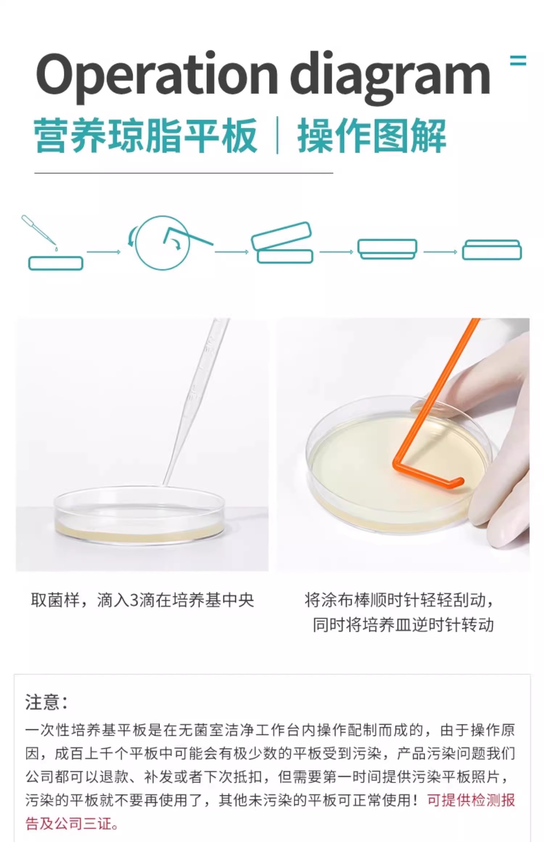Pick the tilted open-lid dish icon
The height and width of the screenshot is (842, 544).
282,242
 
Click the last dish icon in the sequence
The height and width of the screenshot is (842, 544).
492,250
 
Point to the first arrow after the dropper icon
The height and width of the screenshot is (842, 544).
104,252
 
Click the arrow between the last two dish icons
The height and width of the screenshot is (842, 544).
440,252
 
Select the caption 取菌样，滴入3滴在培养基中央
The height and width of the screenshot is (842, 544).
142,600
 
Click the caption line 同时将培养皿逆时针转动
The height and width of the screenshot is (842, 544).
403,625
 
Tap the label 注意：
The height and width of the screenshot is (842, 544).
46,702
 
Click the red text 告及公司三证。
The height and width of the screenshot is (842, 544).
72,824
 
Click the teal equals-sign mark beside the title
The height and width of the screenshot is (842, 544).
518,60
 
